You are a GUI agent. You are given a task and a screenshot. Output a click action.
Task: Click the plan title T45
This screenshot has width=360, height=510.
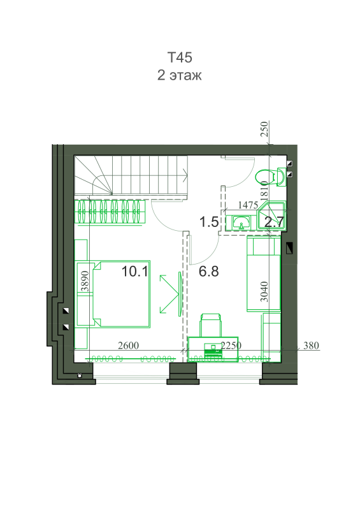pyautogui.click(x=180, y=57)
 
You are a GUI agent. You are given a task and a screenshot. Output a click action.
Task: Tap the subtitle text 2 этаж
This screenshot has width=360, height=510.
pyautogui.click(x=180, y=75)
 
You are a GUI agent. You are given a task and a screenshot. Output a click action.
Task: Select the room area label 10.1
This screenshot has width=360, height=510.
pyautogui.click(x=134, y=272)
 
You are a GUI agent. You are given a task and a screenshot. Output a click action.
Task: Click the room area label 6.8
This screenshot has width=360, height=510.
pyautogui.click(x=209, y=272)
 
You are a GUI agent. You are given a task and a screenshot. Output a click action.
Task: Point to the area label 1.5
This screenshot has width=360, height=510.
pyautogui.click(x=209, y=222)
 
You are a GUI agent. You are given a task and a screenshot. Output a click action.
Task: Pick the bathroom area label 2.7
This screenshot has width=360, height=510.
pyautogui.click(x=274, y=222)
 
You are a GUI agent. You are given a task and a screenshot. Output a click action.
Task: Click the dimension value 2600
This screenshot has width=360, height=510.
pyautogui.click(x=129, y=345)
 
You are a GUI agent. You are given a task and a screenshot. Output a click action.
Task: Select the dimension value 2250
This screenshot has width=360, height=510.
pyautogui.click(x=231, y=345)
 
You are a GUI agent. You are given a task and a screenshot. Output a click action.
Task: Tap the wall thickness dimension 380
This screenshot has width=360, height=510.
pyautogui.click(x=311, y=345)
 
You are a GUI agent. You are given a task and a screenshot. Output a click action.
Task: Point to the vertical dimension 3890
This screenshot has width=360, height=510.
pyautogui.click(x=85, y=281)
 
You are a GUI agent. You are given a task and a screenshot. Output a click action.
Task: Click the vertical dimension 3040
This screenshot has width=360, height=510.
pyautogui.click(x=264, y=292)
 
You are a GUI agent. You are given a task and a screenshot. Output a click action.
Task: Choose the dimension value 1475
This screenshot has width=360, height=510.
pyautogui.click(x=248, y=205)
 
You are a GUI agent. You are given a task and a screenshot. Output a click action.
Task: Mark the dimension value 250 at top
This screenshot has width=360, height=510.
pyautogui.click(x=264, y=129)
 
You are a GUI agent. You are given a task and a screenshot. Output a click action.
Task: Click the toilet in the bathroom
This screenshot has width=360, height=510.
pyautogui.click(x=271, y=177)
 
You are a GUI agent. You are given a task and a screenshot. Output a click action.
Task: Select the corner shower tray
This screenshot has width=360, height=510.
pyautogui.click(x=271, y=216)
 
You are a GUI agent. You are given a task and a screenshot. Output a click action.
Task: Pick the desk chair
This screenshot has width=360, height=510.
pyautogui.click(x=211, y=325)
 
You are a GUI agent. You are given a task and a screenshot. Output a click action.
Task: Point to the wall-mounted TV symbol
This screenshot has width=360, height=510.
pyautogui.click(x=180, y=294)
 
